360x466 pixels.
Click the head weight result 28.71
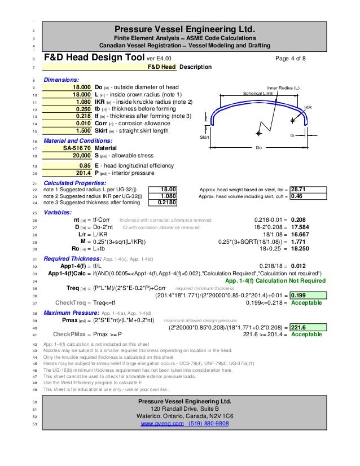click(x=298, y=190)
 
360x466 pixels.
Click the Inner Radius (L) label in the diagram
click(x=283, y=88)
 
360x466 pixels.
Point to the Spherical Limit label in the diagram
click(x=258, y=94)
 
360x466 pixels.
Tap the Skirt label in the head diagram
click(x=205, y=138)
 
